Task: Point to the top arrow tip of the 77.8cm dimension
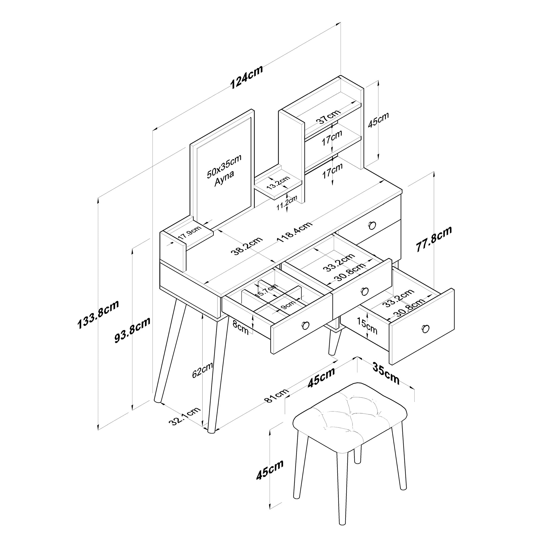tap(434, 172)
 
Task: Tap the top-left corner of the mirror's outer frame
tap(190, 144)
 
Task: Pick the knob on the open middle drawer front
tap(365, 291)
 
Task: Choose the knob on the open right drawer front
tap(426, 328)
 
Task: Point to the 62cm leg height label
tap(202, 370)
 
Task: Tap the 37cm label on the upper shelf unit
tap(328, 117)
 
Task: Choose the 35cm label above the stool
tap(386, 373)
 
